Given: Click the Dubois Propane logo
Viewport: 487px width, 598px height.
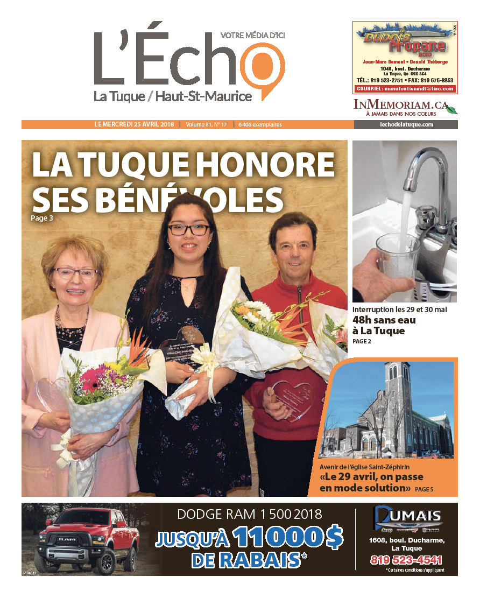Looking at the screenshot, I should coord(405,44).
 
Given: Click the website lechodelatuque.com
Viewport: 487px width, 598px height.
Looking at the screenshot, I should coord(405,124).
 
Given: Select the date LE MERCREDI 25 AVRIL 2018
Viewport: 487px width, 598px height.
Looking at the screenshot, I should coord(134,124).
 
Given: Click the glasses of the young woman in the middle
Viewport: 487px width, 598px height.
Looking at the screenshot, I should coord(188,230).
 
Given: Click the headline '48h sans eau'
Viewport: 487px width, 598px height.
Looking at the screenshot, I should coord(384,320).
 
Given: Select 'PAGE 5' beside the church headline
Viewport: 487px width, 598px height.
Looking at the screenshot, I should coord(424,489).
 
